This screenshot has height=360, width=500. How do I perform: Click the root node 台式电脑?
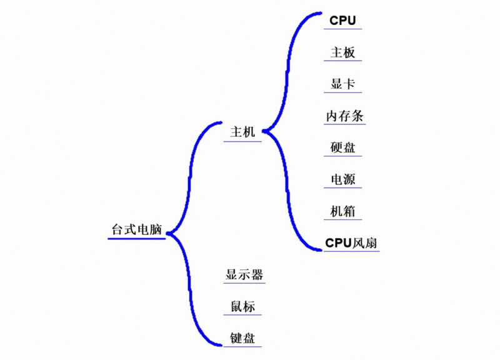click(x=136, y=229)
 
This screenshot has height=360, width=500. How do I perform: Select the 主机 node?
click(x=243, y=132)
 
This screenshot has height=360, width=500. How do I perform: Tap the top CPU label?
click(x=342, y=20)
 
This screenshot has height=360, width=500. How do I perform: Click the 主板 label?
click(x=342, y=52)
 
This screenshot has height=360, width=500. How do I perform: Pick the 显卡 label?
click(x=342, y=84)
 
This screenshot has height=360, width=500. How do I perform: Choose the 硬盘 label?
click(x=342, y=148)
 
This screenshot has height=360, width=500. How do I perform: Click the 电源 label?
click(x=342, y=179)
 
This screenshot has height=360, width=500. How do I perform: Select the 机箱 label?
click(x=342, y=211)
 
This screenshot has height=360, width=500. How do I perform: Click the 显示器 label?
click(x=244, y=274)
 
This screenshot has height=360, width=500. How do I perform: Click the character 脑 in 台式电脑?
click(x=156, y=229)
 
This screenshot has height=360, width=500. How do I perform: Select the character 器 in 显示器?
click(x=257, y=274)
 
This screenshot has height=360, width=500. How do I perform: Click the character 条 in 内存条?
click(x=358, y=116)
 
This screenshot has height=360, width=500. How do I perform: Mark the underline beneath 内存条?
click(x=345, y=125)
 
